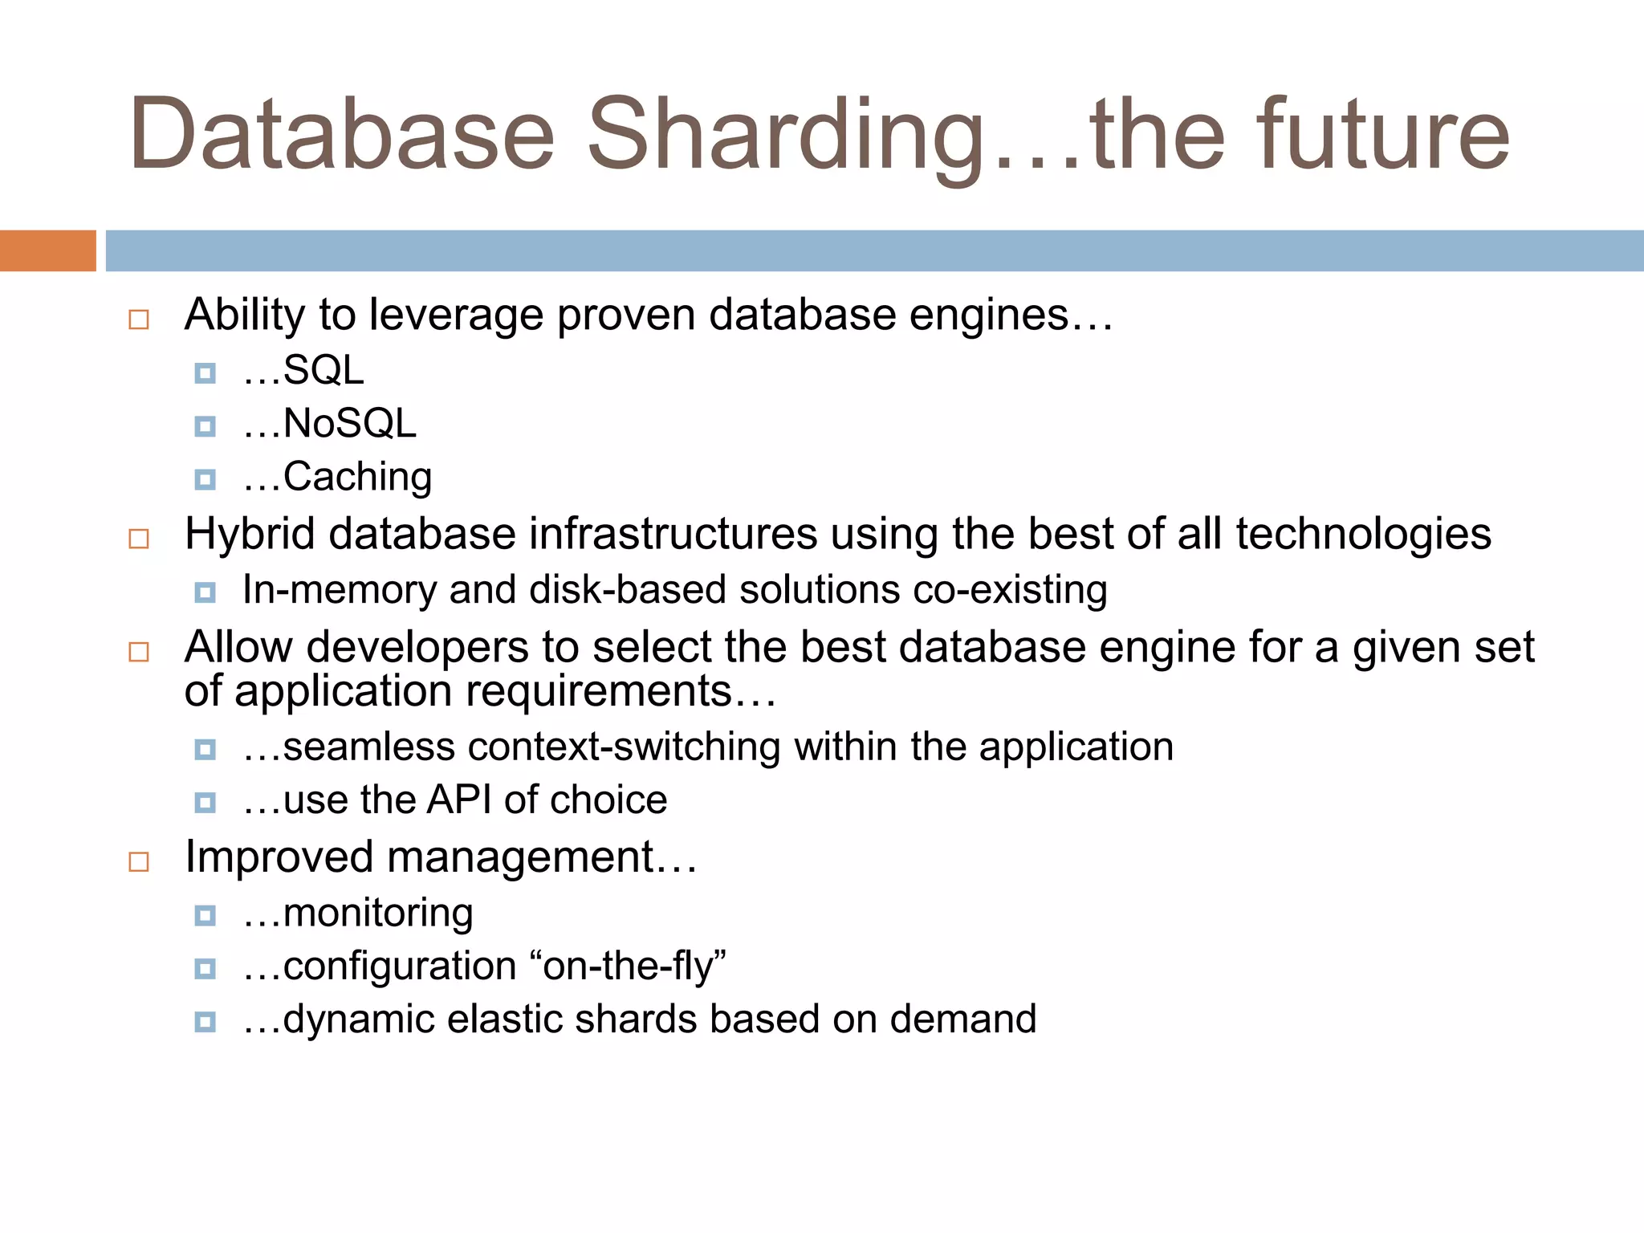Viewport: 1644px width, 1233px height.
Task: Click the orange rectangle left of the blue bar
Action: [47, 250]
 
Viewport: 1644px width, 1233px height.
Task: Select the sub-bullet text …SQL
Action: [304, 371]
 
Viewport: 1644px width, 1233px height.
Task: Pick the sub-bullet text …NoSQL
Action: [330, 424]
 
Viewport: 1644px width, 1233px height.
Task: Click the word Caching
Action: [356, 478]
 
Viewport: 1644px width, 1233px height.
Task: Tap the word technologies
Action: [1363, 534]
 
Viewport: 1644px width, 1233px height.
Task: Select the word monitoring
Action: [377, 914]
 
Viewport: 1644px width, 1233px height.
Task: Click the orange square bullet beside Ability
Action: [139, 319]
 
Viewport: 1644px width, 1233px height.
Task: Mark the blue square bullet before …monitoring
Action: [205, 915]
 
